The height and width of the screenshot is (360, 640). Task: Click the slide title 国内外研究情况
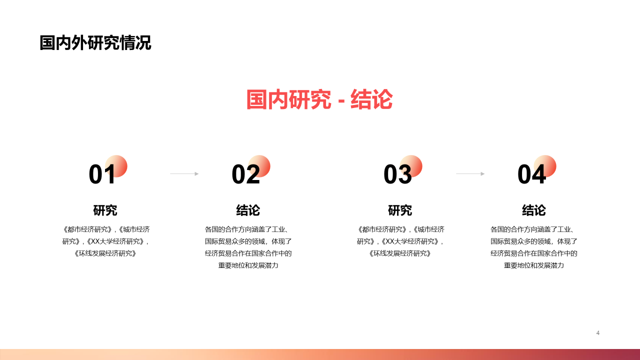click(95, 43)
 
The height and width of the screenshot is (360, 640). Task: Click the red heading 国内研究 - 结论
click(319, 99)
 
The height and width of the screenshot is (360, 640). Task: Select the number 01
click(102, 174)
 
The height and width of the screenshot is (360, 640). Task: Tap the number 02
click(245, 174)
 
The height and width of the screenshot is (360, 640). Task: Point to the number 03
click(397, 174)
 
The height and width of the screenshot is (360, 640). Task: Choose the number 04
click(531, 174)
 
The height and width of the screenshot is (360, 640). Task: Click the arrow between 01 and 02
click(184, 173)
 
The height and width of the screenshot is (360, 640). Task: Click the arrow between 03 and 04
click(470, 173)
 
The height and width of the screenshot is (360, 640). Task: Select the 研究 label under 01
click(105, 210)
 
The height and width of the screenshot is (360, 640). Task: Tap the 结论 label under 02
click(248, 210)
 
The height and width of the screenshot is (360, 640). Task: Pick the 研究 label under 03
click(400, 210)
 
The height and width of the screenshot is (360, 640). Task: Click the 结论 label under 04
click(534, 210)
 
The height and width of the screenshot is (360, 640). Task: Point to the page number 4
click(597, 333)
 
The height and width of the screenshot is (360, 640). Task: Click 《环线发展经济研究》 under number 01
click(105, 253)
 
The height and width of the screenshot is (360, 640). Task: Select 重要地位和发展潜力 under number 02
click(248, 265)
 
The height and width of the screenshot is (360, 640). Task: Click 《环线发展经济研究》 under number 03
click(400, 253)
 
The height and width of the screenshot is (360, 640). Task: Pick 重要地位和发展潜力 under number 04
click(533, 265)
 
